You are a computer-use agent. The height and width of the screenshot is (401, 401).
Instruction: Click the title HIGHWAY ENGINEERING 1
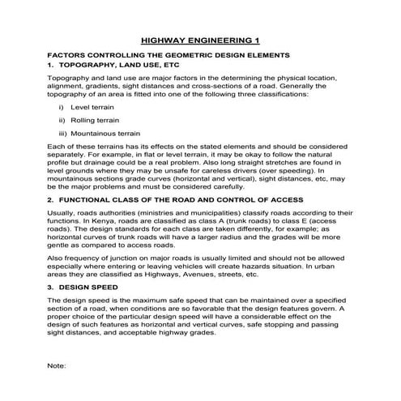(x=200, y=40)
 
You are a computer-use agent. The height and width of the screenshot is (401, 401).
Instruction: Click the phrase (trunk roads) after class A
(x=245, y=220)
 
